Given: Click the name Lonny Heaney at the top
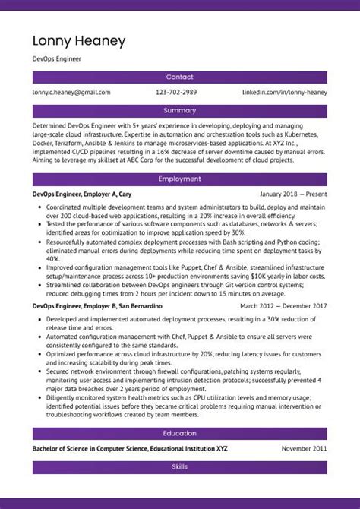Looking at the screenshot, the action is point(79,41).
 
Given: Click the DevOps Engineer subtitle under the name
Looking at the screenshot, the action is point(57,58).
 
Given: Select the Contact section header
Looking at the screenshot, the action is point(180,77).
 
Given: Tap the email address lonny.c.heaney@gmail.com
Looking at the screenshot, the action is point(71,93).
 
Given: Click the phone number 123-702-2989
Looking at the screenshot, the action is point(176,93).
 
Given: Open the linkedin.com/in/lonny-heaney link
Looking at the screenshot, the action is point(285,93).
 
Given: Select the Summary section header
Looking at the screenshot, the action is point(180,111).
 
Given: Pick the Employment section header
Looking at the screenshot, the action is point(180,179).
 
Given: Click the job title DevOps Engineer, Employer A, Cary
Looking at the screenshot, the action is point(82,194).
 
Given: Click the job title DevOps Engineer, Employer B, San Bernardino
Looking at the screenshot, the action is point(97,306).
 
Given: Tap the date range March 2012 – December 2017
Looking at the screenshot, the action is point(283,306).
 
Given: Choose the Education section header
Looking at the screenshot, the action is point(180,434).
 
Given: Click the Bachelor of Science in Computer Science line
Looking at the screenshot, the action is point(130,449).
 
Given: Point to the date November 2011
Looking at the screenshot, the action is point(305,449).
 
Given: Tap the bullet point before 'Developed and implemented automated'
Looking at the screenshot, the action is point(39,319).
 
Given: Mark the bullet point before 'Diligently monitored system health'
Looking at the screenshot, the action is point(39,397).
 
